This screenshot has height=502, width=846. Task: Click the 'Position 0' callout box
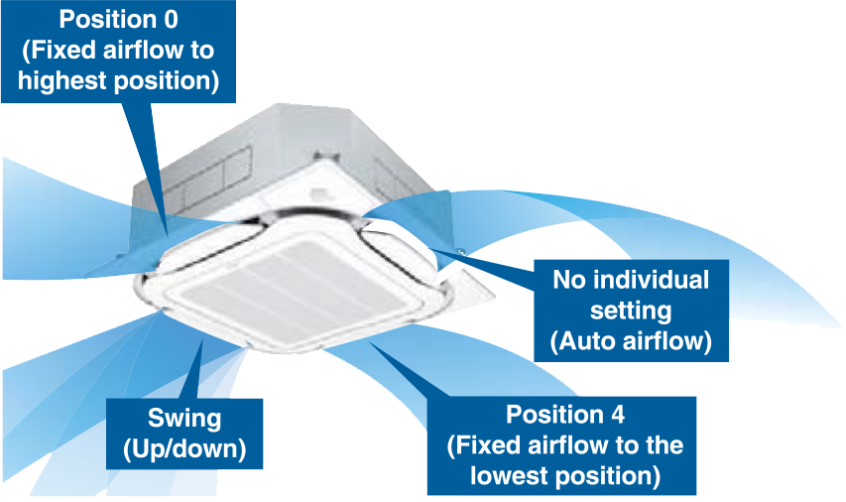(119, 50)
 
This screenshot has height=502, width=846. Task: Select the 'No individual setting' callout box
(630, 311)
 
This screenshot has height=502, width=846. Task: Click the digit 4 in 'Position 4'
(633, 414)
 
